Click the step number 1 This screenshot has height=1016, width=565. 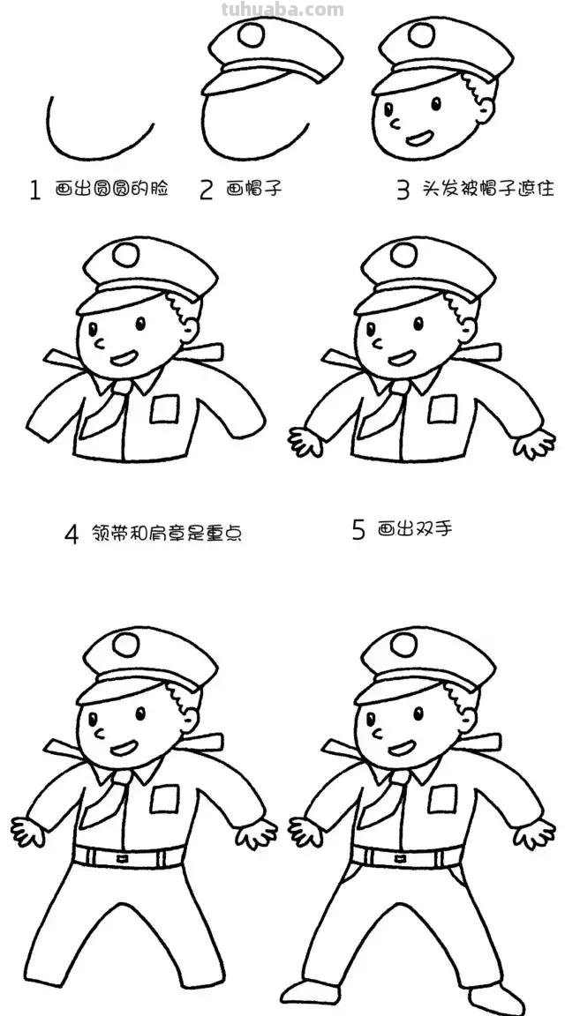pyautogui.click(x=35, y=190)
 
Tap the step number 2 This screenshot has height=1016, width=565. pyautogui.click(x=207, y=190)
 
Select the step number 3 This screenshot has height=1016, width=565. pyautogui.click(x=403, y=190)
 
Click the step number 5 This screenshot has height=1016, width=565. pyautogui.click(x=358, y=529)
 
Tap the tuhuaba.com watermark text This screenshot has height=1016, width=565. pyautogui.click(x=282, y=10)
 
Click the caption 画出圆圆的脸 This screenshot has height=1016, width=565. pyautogui.click(x=111, y=189)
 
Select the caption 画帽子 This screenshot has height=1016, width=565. pyautogui.click(x=254, y=189)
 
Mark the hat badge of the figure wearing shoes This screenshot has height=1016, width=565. pyautogui.click(x=403, y=645)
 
